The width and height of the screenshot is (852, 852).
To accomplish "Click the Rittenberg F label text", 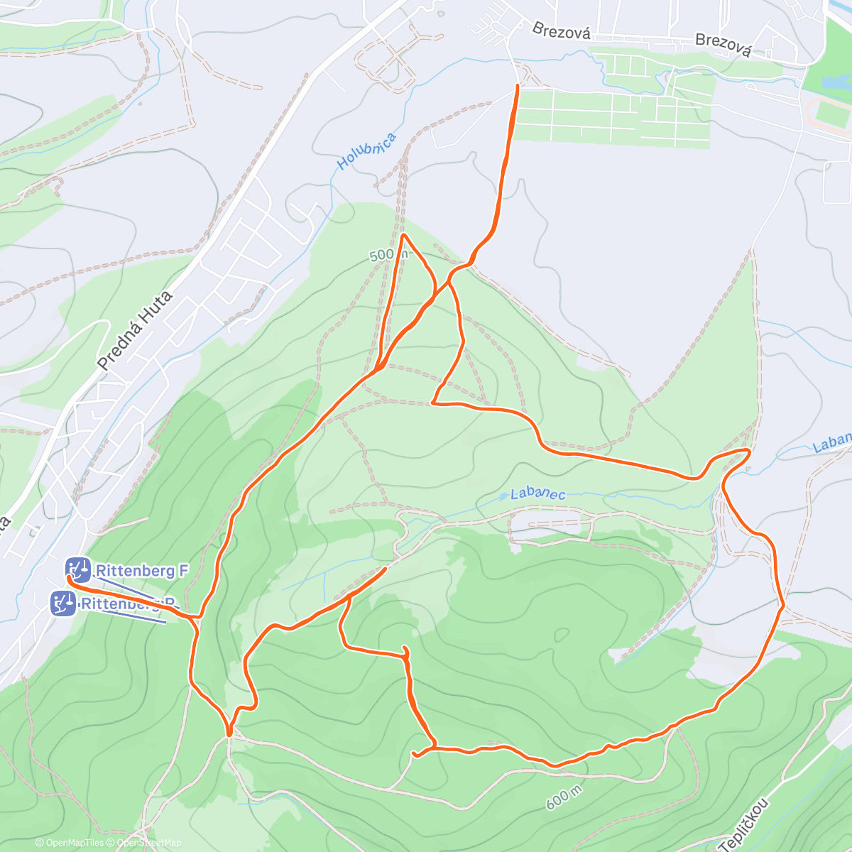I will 142,570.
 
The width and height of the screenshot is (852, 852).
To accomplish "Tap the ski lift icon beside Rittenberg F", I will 78,569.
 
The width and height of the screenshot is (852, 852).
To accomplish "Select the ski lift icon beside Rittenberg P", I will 63,603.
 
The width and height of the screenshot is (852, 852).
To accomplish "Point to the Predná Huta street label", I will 135,331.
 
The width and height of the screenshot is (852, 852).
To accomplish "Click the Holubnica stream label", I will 366,151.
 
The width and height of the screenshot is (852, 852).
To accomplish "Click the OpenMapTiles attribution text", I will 70,843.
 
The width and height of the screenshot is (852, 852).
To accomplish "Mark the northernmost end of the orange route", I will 516,86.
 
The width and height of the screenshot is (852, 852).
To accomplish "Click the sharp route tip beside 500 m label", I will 403,234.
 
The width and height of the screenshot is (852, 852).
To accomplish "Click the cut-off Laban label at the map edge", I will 832,443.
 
